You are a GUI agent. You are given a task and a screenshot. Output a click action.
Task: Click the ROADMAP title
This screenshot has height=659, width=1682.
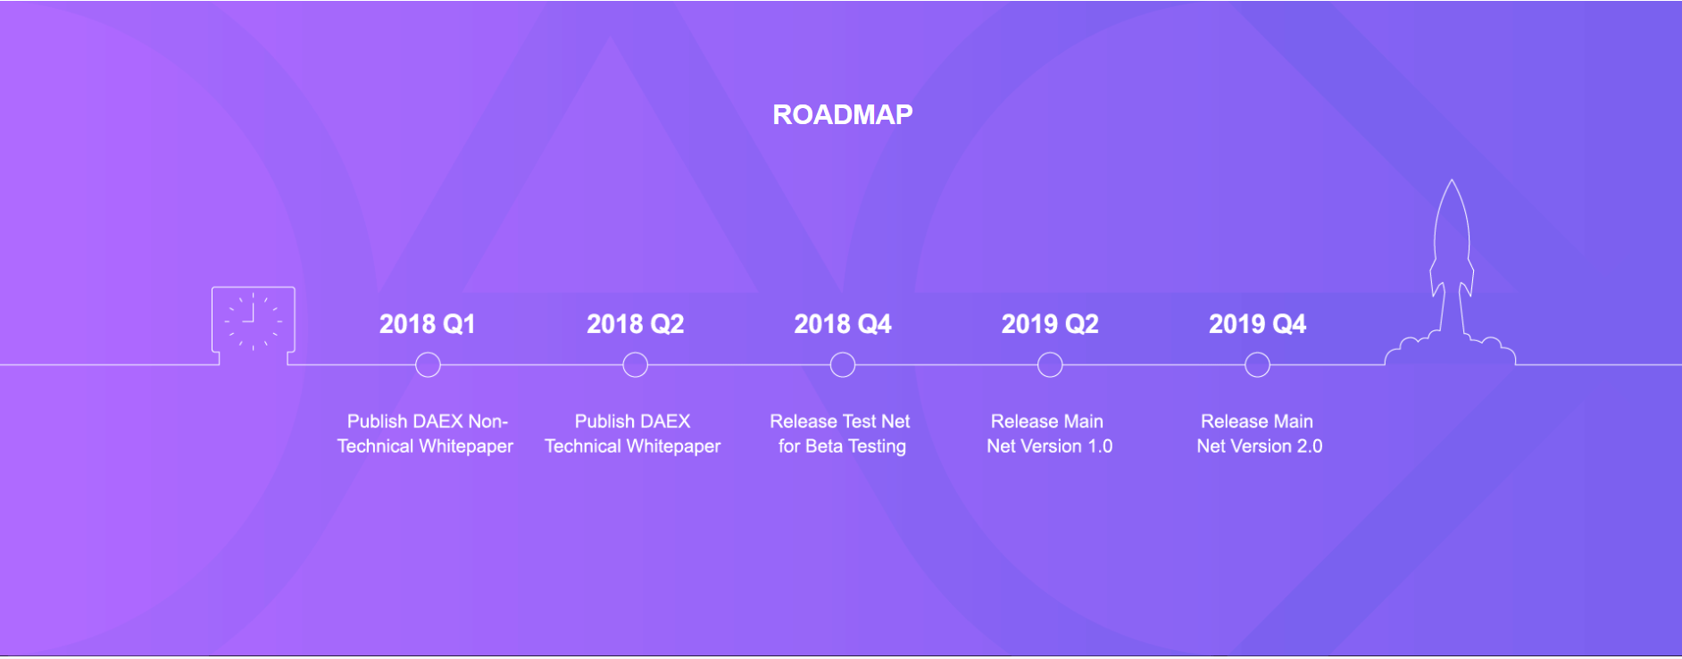click(x=842, y=114)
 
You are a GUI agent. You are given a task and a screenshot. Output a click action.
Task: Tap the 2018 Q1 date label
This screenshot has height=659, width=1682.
click(x=427, y=324)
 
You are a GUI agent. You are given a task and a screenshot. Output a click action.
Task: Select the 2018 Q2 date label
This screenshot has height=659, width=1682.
click(x=635, y=324)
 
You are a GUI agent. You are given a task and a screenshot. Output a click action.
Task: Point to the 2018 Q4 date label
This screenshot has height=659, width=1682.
click(x=842, y=324)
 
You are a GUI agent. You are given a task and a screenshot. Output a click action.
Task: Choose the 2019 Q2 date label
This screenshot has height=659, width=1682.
click(x=1050, y=324)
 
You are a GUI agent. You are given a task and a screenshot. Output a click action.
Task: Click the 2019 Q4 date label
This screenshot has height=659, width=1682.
click(x=1257, y=324)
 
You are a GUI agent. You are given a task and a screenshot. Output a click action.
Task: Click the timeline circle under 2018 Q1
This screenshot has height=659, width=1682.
click(x=428, y=364)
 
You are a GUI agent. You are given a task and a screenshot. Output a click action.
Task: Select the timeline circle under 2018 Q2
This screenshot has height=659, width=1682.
click(x=635, y=364)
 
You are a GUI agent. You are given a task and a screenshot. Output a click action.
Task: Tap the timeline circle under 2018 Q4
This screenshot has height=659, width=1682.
click(x=842, y=364)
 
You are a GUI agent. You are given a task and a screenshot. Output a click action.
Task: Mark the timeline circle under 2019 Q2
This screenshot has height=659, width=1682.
click(x=1050, y=364)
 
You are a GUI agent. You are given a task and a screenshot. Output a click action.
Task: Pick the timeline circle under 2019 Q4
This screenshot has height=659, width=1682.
click(x=1257, y=364)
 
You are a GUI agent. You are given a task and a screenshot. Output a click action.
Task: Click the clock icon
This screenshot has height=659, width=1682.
click(x=253, y=320)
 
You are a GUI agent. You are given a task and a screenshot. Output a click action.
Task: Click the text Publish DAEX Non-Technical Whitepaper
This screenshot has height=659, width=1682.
click(x=426, y=434)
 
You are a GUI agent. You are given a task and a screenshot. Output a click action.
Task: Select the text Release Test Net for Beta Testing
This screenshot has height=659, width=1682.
click(x=841, y=434)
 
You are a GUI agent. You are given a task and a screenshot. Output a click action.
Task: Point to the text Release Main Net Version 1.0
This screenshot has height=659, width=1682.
click(x=1049, y=434)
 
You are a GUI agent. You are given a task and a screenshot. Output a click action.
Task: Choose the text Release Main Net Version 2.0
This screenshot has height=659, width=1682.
click(x=1258, y=434)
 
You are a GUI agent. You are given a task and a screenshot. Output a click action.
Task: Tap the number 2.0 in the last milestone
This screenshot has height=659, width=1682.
click(x=1310, y=446)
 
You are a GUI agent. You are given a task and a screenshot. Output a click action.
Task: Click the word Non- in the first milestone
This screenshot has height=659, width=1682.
click(x=487, y=421)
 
